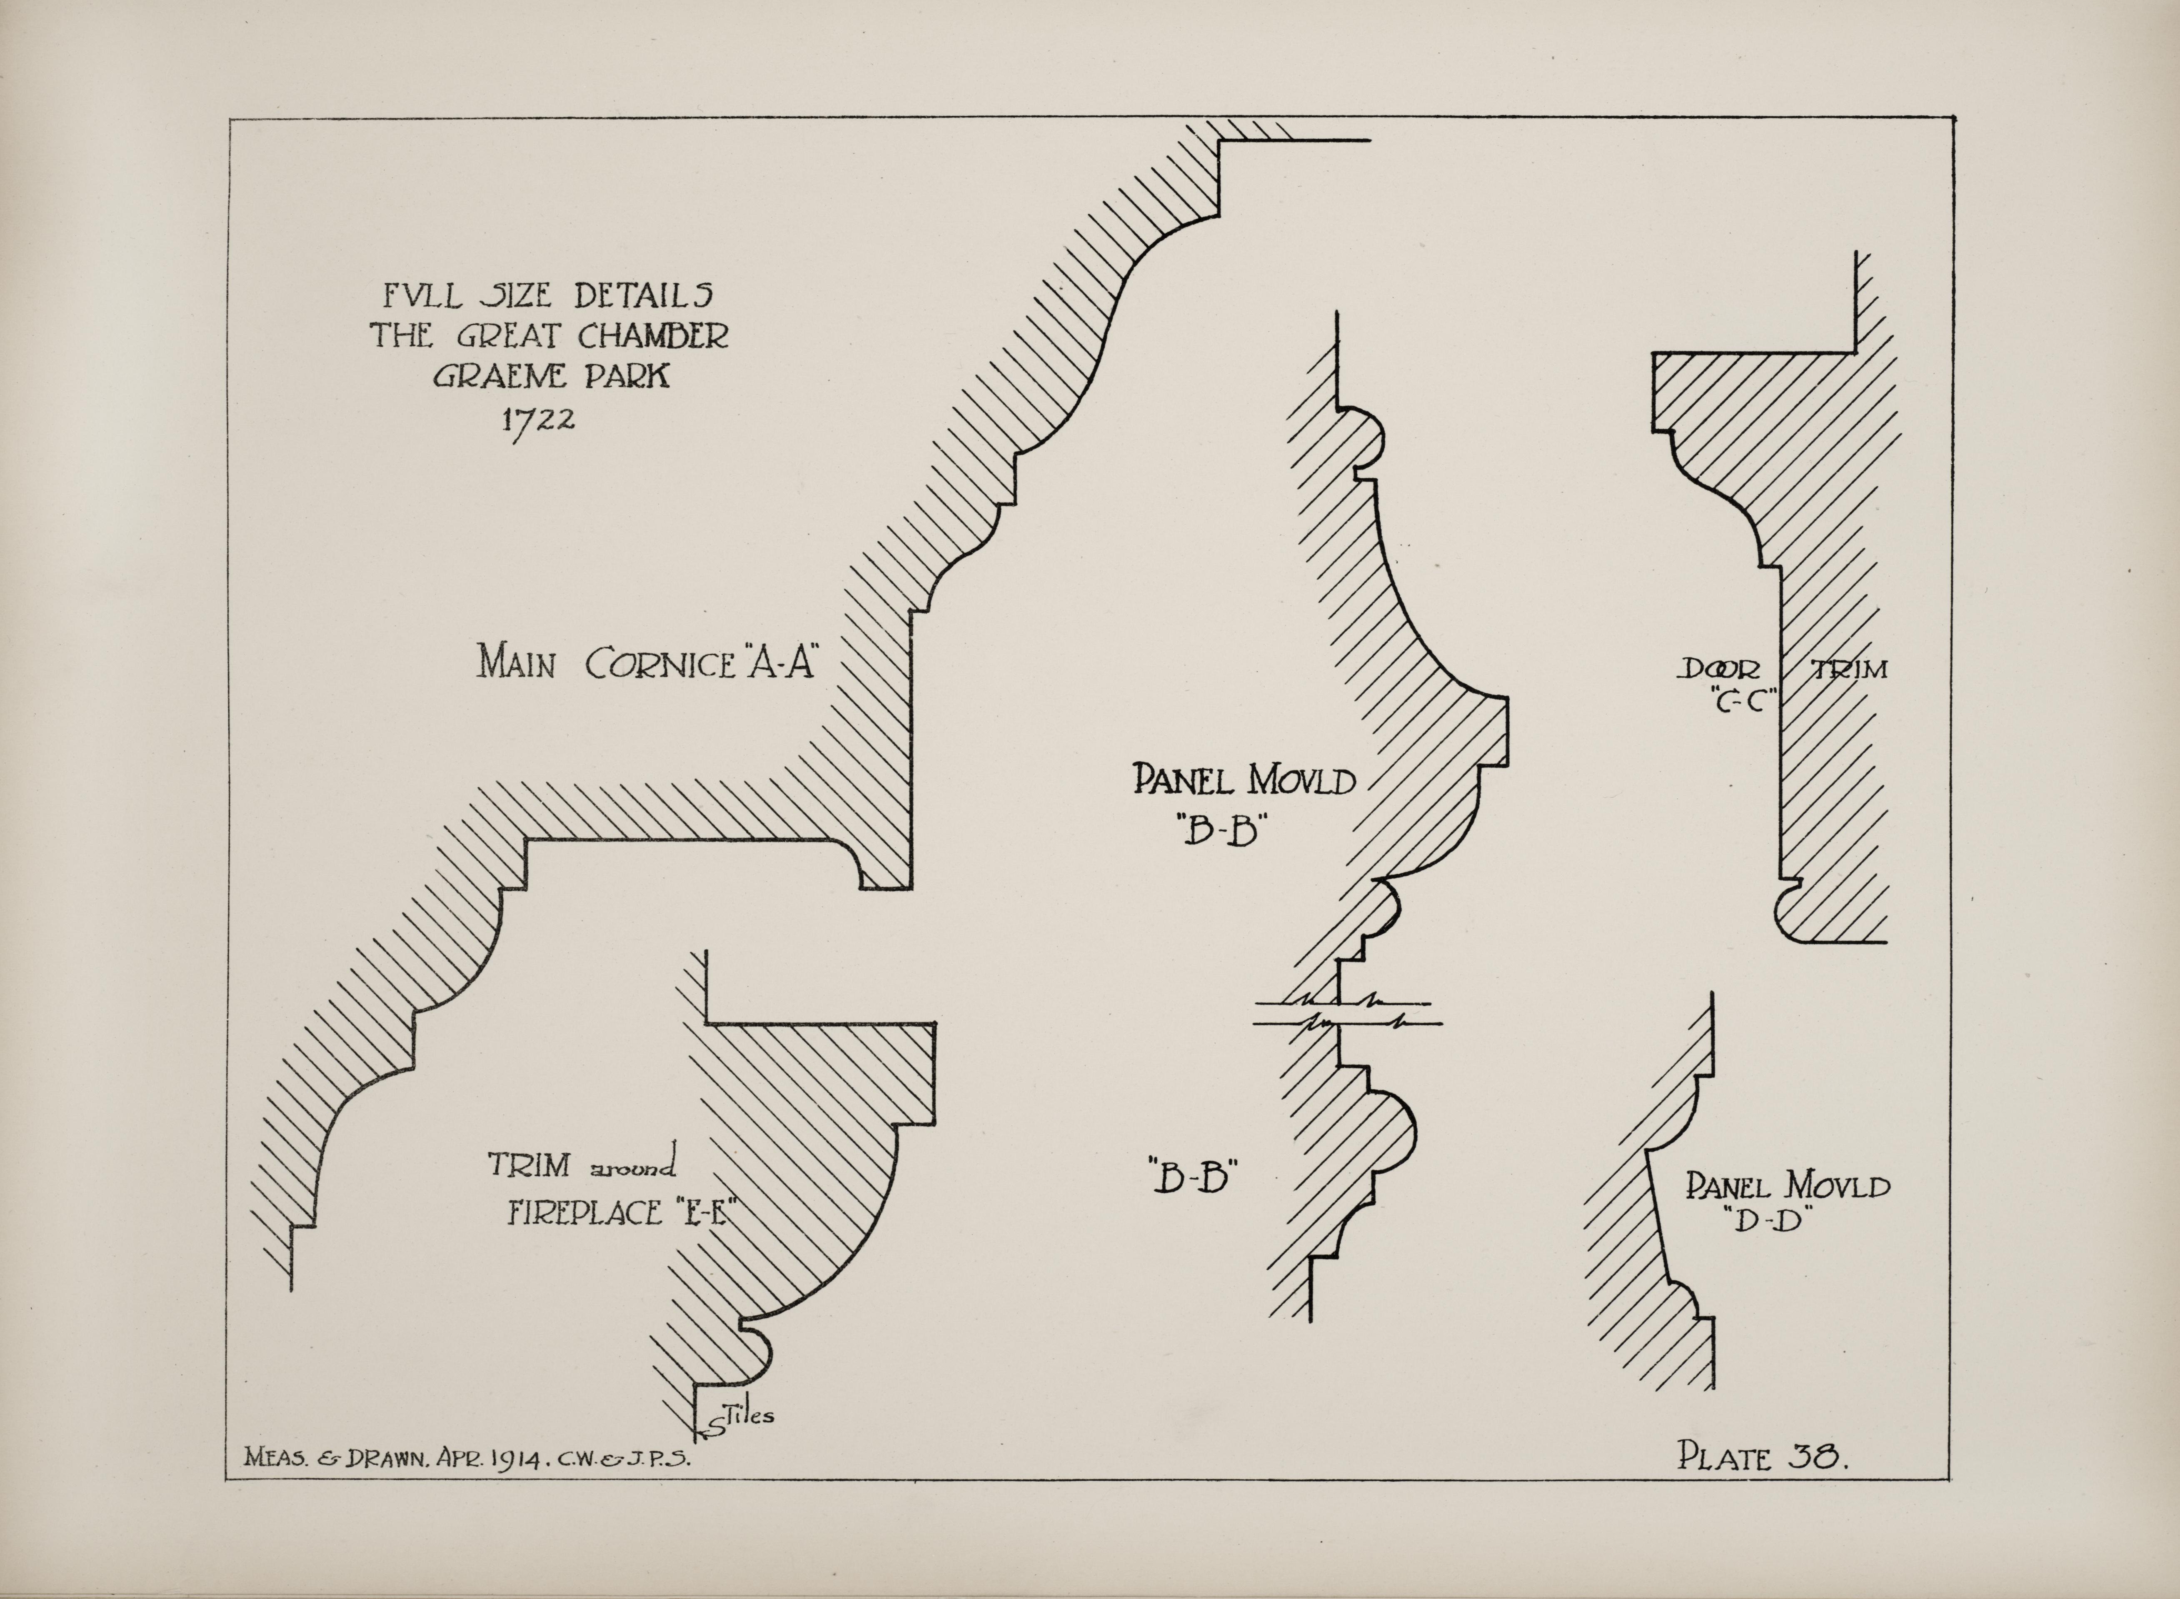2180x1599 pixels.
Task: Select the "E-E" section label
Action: [x=699, y=1212]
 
